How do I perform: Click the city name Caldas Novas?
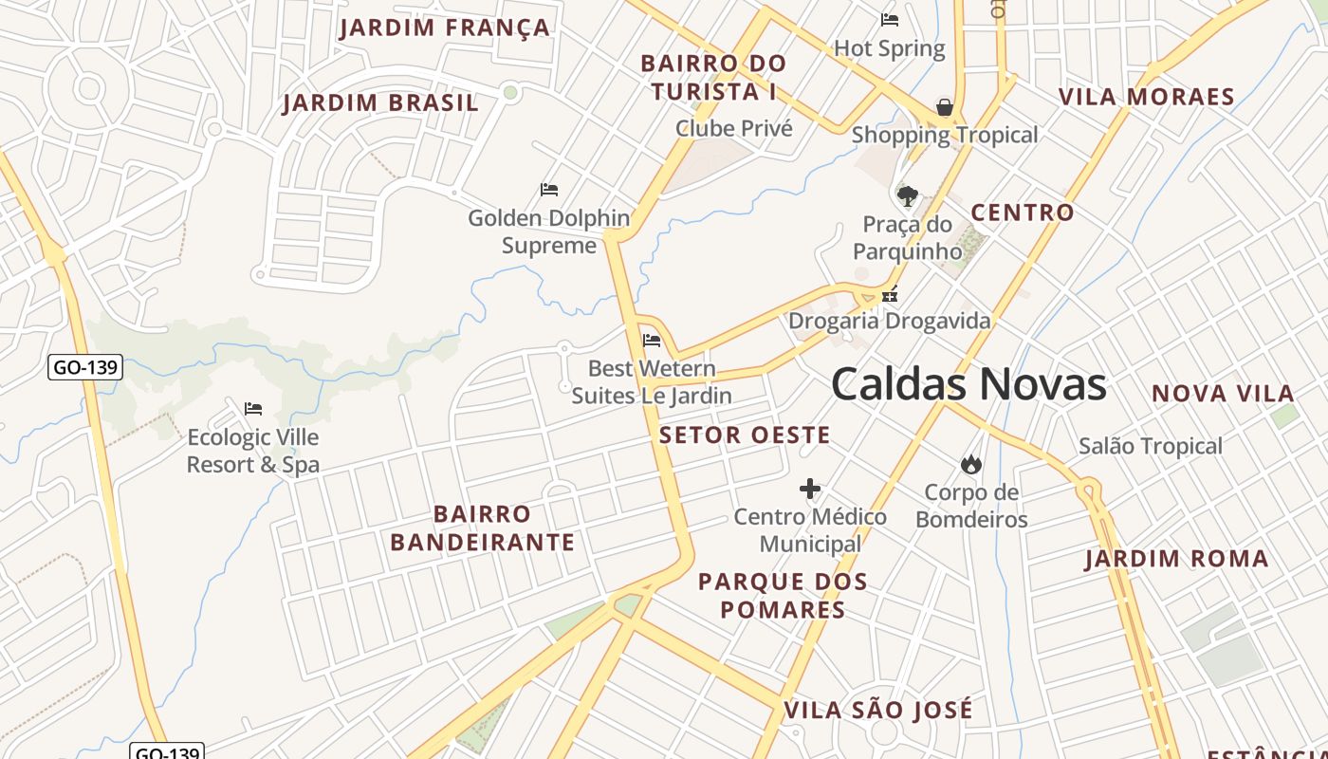click(968, 384)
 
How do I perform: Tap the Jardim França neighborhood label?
click(445, 27)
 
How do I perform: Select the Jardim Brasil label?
click(380, 102)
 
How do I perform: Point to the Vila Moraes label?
click(1147, 97)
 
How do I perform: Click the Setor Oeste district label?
click(745, 435)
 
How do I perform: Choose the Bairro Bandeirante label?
click(482, 528)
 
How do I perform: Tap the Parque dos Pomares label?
click(783, 596)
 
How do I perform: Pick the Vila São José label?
click(878, 710)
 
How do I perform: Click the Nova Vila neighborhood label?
click(1223, 393)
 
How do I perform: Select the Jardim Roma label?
click(1177, 559)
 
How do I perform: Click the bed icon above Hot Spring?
click(890, 19)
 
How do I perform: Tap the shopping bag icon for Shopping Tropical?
click(945, 107)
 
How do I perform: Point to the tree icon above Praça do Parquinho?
click(908, 196)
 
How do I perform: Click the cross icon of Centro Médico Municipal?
click(809, 489)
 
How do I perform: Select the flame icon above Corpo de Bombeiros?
click(970, 464)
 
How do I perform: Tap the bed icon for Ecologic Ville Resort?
click(253, 409)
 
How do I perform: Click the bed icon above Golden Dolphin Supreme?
click(549, 190)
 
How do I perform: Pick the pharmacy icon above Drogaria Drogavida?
click(890, 294)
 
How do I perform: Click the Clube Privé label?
click(733, 128)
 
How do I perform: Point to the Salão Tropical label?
click(1151, 446)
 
